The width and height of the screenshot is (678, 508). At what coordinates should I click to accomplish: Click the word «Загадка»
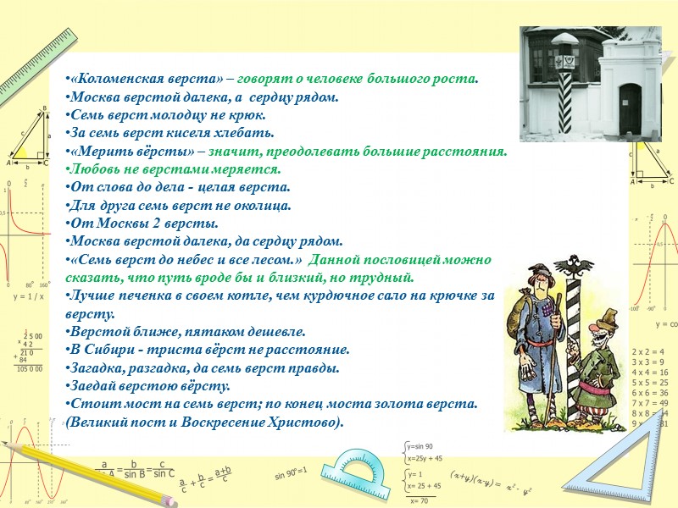99,367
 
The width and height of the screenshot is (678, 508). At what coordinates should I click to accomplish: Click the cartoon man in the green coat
603,373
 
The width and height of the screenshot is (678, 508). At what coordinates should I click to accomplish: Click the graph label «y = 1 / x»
28,297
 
